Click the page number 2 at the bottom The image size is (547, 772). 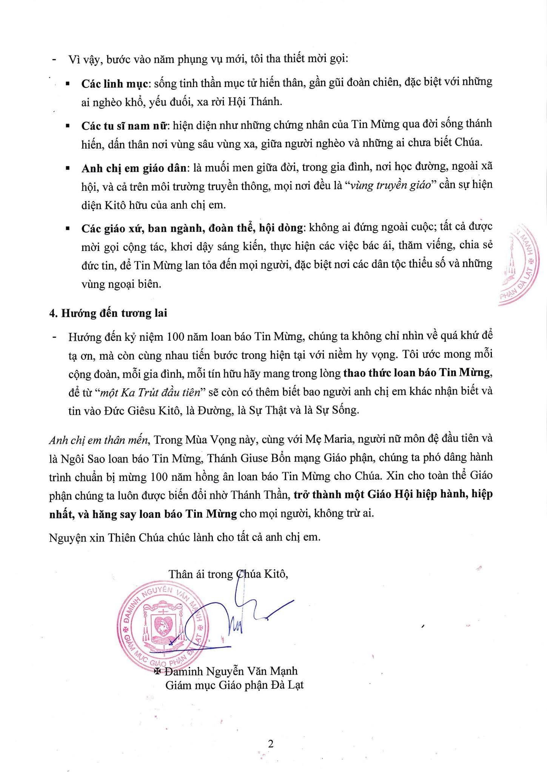[270, 744]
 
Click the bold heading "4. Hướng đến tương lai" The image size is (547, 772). [108, 313]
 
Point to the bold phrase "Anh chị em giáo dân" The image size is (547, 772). [134, 168]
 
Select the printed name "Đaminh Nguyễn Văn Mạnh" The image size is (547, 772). [231, 671]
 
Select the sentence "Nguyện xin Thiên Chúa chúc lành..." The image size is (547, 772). [185, 537]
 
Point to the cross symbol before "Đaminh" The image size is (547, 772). [158, 671]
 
